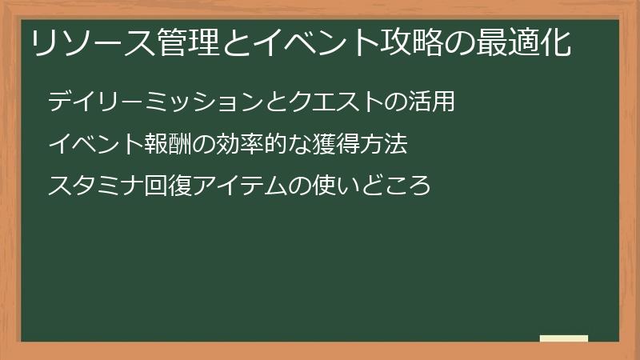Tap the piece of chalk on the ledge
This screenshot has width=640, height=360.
pos(564,338)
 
